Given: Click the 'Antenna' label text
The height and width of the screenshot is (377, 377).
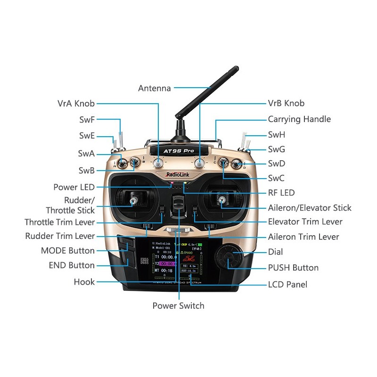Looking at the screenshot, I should coord(154,88).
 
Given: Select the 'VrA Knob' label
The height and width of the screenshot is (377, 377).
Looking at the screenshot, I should coord(76,103).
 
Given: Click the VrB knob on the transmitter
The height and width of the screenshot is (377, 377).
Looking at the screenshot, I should coord(200,164).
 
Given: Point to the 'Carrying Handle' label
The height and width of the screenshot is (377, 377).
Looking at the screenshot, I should coord(299,119).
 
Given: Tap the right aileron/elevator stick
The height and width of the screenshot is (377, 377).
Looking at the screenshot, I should coord(221,201).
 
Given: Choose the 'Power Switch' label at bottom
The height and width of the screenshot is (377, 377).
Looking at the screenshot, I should coord(178,306).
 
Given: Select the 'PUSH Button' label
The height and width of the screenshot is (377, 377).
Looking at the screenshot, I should coord(293,268).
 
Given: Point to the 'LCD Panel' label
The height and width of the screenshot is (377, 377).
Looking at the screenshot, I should coord(287,284).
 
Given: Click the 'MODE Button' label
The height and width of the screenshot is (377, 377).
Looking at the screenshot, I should coord(68,251).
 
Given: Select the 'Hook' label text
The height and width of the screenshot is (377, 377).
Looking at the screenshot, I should coord(84,282).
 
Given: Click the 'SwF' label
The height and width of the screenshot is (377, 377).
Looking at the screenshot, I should coord(87,120).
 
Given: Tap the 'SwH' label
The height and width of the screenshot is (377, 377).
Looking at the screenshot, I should coord(277,135).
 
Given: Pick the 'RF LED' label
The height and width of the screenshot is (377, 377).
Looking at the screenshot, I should coord(281,193).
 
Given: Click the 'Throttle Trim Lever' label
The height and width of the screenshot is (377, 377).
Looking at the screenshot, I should coord(60,222).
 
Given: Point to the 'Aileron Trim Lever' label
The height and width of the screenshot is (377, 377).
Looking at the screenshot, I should coord(303,237).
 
